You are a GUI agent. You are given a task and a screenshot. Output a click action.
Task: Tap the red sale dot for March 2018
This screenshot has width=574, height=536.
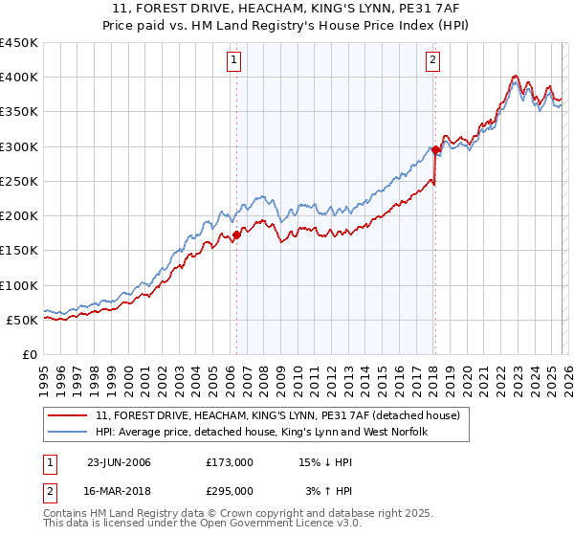(x=435, y=149)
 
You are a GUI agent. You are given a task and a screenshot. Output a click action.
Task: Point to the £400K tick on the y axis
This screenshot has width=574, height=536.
(x=19, y=78)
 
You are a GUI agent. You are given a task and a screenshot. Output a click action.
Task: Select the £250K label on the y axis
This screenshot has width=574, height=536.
(x=19, y=181)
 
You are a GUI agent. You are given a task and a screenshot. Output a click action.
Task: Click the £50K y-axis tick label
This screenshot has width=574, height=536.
(x=23, y=320)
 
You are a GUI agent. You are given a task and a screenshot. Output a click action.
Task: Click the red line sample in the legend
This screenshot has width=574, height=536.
(x=69, y=415)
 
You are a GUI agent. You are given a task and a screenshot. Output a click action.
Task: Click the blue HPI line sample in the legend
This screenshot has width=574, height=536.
(x=69, y=433)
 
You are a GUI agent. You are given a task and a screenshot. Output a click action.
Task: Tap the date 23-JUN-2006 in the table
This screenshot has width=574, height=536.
(x=119, y=462)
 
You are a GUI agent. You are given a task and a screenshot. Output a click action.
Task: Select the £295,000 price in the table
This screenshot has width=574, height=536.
(x=230, y=490)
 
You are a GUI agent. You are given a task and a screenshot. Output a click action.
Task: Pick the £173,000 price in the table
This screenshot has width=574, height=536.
(x=230, y=462)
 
